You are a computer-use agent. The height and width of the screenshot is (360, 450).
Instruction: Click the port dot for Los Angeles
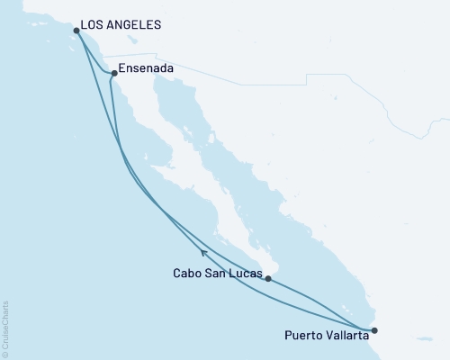tap(76, 31)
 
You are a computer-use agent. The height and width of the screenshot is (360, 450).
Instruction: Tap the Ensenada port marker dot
tap(113, 74)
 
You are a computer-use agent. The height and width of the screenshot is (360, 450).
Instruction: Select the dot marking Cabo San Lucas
tap(268, 279)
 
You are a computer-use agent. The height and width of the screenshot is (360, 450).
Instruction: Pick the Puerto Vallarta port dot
tap(375, 330)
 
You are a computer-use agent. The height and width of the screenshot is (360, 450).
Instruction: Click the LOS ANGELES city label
tap(121, 25)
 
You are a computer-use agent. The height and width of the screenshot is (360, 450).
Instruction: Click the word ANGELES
tap(135, 25)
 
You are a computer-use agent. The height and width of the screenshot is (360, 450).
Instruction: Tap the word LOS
tap(92, 25)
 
